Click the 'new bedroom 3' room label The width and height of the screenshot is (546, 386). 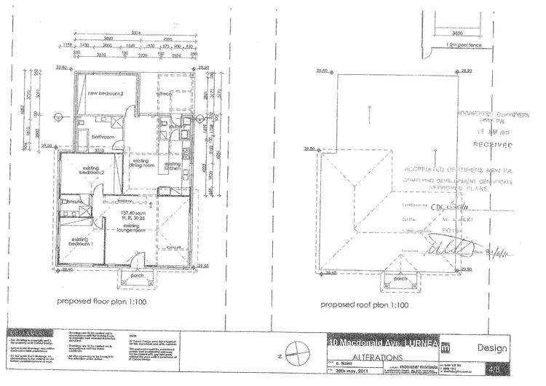click(105, 95)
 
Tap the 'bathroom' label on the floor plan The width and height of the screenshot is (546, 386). click(103, 136)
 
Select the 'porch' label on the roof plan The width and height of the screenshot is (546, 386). click(400, 279)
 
